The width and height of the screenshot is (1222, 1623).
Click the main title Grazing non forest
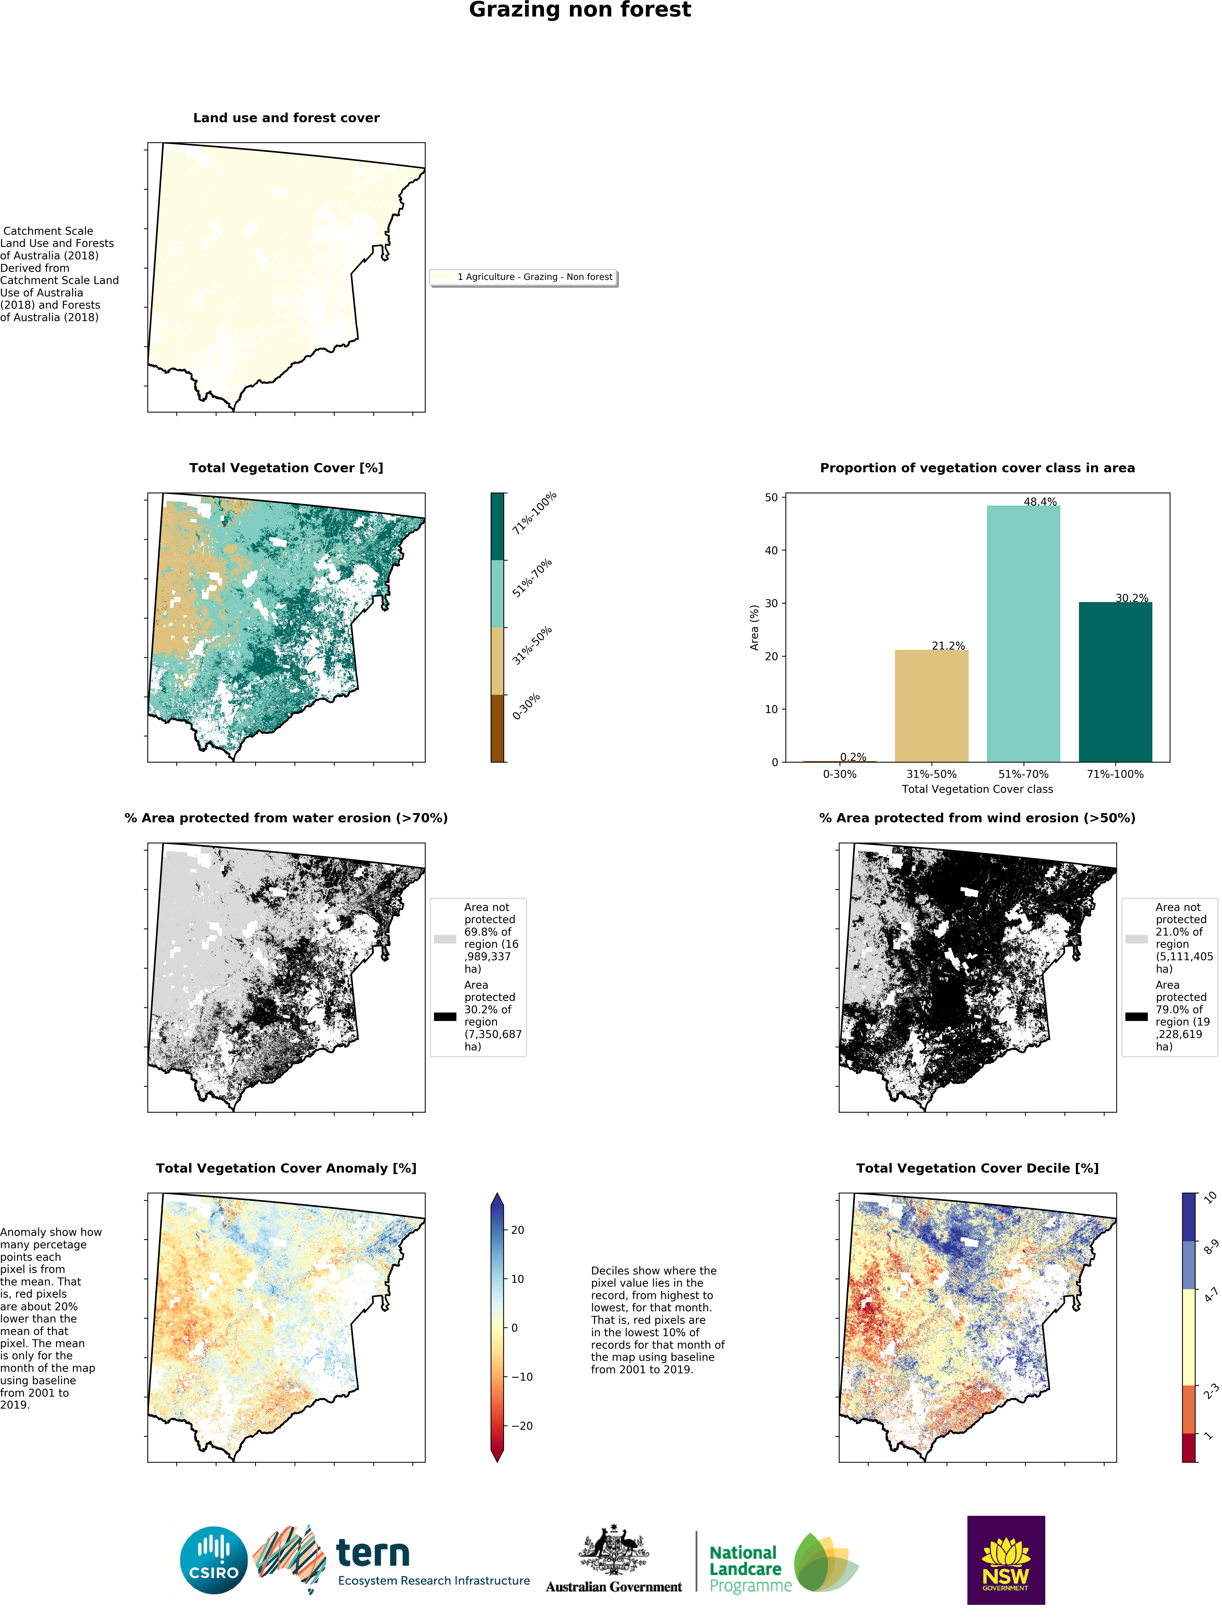580,10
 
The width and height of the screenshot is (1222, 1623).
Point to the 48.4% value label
1040,502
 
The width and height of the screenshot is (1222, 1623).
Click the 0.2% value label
853,757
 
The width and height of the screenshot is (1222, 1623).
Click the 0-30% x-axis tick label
840,774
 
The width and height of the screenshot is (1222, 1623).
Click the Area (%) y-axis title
754,627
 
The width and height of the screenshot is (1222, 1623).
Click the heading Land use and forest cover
286,118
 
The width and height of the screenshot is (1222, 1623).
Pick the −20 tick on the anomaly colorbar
521,1426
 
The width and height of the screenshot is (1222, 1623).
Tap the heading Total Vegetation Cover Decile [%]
977,1168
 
